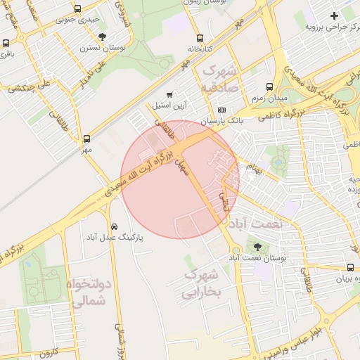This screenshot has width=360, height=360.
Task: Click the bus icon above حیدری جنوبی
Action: tap(77, 11)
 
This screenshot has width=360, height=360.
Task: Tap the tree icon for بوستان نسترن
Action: tap(103, 37)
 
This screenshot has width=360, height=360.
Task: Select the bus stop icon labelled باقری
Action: tap(6, 43)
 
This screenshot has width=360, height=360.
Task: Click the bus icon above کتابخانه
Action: tap(200, 39)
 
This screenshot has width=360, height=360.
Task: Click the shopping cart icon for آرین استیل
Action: tap(169, 94)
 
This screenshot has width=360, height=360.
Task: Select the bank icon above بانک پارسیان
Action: tap(222, 110)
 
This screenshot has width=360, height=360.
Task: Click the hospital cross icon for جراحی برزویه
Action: tap(334, 15)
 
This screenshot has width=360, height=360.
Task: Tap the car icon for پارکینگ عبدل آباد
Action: tap(114, 226)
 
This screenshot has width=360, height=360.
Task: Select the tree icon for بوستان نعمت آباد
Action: tap(257, 247)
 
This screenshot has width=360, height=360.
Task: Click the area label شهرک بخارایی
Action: tap(202, 283)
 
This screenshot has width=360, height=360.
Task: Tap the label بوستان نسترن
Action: tap(97, 48)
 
